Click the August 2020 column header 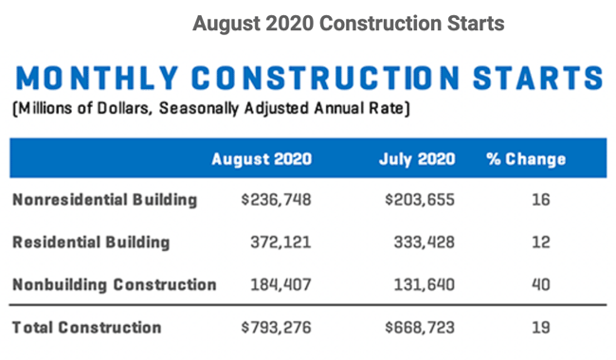[x=261, y=158]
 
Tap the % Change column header [x=526, y=158]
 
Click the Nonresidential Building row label [x=105, y=200]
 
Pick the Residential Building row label [x=91, y=242]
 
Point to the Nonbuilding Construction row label [x=115, y=283]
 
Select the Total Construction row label [x=86, y=328]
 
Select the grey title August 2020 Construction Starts [x=348, y=23]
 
